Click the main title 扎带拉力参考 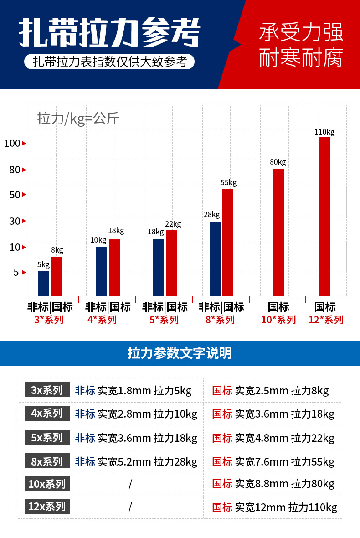(x=109, y=33)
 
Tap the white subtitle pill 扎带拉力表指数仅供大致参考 (x=110, y=62)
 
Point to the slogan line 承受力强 (x=301, y=33)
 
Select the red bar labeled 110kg (x=324, y=216)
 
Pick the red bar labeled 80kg (x=278, y=233)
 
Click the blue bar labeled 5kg (x=44, y=284)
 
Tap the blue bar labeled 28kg (x=215, y=259)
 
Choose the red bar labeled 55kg (x=228, y=242)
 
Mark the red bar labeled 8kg (x=57, y=276)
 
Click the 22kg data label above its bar (x=173, y=224)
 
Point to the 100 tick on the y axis (x=12, y=143)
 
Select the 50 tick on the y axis (x=15, y=195)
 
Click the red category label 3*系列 (x=49, y=320)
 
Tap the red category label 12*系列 (x=325, y=320)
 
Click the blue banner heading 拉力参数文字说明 (x=180, y=353)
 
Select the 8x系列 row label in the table (x=47, y=461)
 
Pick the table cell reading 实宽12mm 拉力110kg (x=275, y=507)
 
